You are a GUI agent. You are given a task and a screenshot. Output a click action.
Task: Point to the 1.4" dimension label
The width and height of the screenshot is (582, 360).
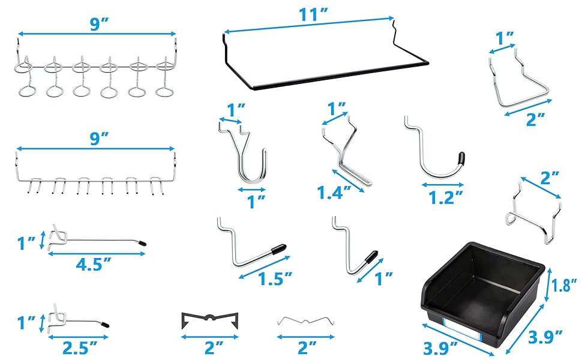(331, 193)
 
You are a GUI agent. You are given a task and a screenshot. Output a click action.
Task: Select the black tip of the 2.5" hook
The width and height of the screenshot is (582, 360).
(105, 323)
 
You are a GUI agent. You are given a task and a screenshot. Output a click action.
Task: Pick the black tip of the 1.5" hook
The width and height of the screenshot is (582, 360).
(280, 247)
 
